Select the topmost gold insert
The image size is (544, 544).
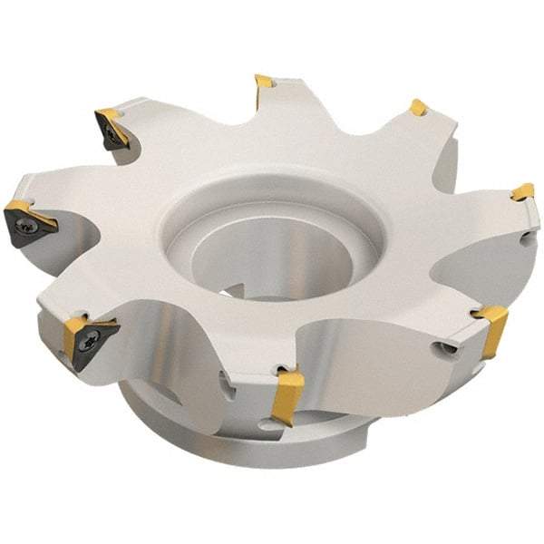(264, 84)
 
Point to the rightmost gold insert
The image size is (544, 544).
(522, 192)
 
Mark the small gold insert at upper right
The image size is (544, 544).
(418, 108)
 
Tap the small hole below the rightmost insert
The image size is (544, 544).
(528, 238)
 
